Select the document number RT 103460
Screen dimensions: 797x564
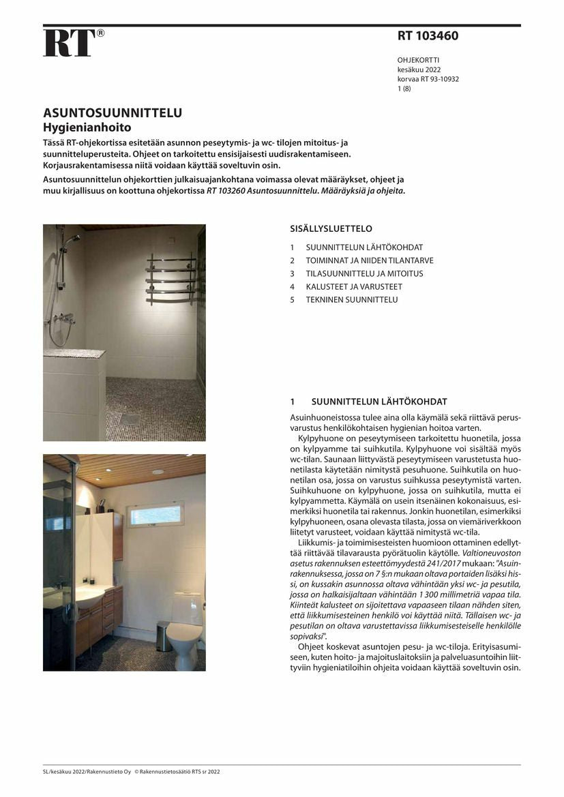point(428,36)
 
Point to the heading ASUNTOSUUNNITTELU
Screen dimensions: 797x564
point(113,113)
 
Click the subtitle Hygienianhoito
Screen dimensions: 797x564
point(87,127)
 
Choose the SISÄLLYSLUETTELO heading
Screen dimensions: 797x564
point(331,229)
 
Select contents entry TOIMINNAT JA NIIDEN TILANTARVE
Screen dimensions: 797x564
point(369,260)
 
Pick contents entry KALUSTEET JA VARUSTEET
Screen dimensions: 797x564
point(353,287)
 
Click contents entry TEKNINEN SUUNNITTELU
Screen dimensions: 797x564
point(351,300)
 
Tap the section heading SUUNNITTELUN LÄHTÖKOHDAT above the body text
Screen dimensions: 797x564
point(379,402)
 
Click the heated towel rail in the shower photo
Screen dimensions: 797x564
point(170,278)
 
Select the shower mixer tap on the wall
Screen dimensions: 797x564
point(64,318)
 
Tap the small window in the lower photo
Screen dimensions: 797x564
point(156,514)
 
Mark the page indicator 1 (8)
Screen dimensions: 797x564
point(404,89)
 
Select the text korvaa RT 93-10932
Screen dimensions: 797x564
point(428,79)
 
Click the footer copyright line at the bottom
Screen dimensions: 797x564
point(132,772)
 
